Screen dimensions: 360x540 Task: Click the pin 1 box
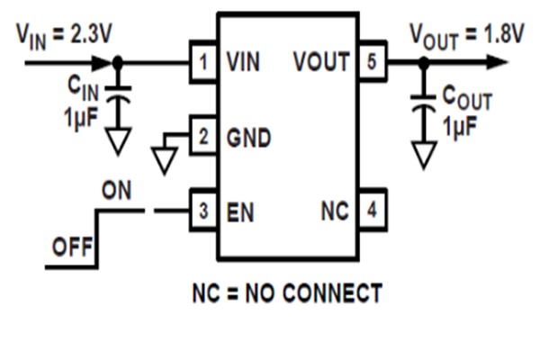click(203, 63)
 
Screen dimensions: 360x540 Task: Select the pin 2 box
click(203, 138)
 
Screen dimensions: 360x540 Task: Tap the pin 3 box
click(203, 212)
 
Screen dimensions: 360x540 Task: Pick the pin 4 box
click(372, 212)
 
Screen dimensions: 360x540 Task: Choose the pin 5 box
click(372, 63)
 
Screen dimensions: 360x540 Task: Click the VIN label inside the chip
click(246, 63)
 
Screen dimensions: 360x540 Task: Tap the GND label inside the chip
click(248, 138)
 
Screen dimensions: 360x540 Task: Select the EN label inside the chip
click(240, 212)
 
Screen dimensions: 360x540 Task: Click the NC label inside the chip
click(335, 212)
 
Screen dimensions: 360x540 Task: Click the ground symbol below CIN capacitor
click(119, 139)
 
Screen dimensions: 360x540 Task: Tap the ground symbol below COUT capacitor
click(422, 154)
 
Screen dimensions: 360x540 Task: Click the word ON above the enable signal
click(116, 192)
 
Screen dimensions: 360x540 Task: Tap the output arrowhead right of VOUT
click(493, 63)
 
